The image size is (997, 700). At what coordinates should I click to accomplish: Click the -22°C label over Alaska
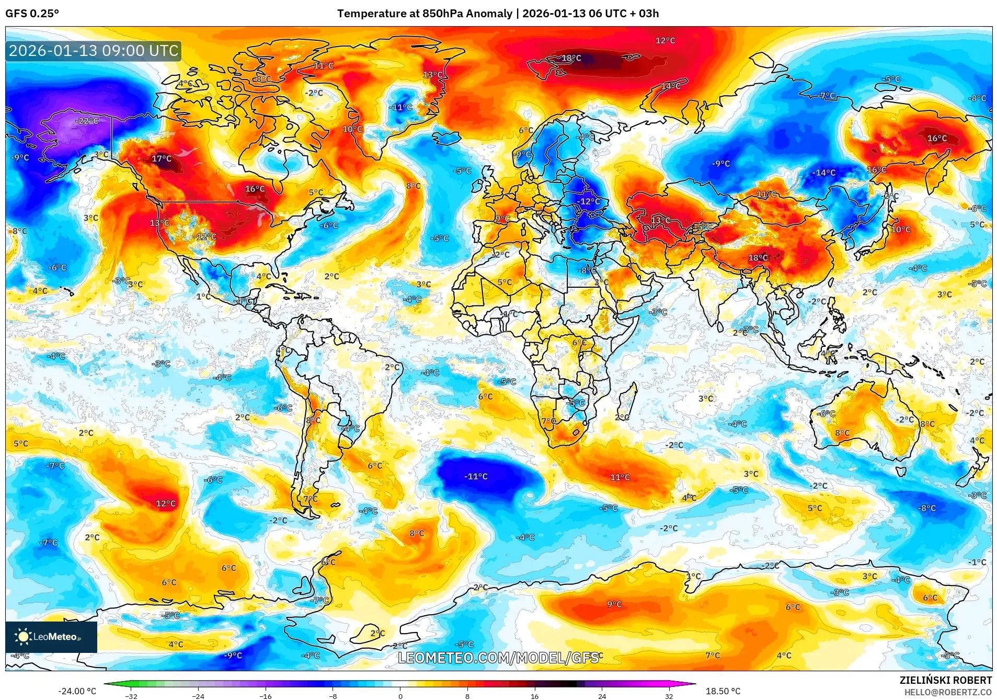(87, 121)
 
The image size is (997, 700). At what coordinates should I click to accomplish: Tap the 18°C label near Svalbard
(571, 58)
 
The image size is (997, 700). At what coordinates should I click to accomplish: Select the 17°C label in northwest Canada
(162, 159)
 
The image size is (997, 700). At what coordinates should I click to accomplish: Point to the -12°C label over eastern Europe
(589, 201)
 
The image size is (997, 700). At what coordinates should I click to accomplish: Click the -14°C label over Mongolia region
(824, 173)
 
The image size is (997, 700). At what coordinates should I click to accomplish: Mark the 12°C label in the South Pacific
(166, 504)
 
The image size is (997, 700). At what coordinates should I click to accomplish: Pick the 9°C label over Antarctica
(614, 604)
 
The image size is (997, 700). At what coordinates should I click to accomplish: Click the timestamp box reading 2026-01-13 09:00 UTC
(94, 51)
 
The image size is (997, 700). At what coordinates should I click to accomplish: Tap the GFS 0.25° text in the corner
(32, 14)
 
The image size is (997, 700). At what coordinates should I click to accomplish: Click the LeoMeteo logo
(51, 637)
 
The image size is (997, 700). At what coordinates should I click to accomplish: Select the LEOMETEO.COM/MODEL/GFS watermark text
(498, 658)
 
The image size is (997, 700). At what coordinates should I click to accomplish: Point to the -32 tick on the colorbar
(131, 696)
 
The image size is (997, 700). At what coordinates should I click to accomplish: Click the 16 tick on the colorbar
(534, 696)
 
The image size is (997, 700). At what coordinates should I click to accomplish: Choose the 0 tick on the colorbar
(400, 696)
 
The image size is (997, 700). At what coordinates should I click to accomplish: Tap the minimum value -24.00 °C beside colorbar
(77, 691)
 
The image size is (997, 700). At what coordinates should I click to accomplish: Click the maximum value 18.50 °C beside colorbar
(723, 691)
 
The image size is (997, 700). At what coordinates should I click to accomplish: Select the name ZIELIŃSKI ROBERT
(945, 680)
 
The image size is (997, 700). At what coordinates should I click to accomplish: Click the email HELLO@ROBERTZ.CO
(948, 692)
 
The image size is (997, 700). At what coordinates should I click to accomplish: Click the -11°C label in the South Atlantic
(476, 477)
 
